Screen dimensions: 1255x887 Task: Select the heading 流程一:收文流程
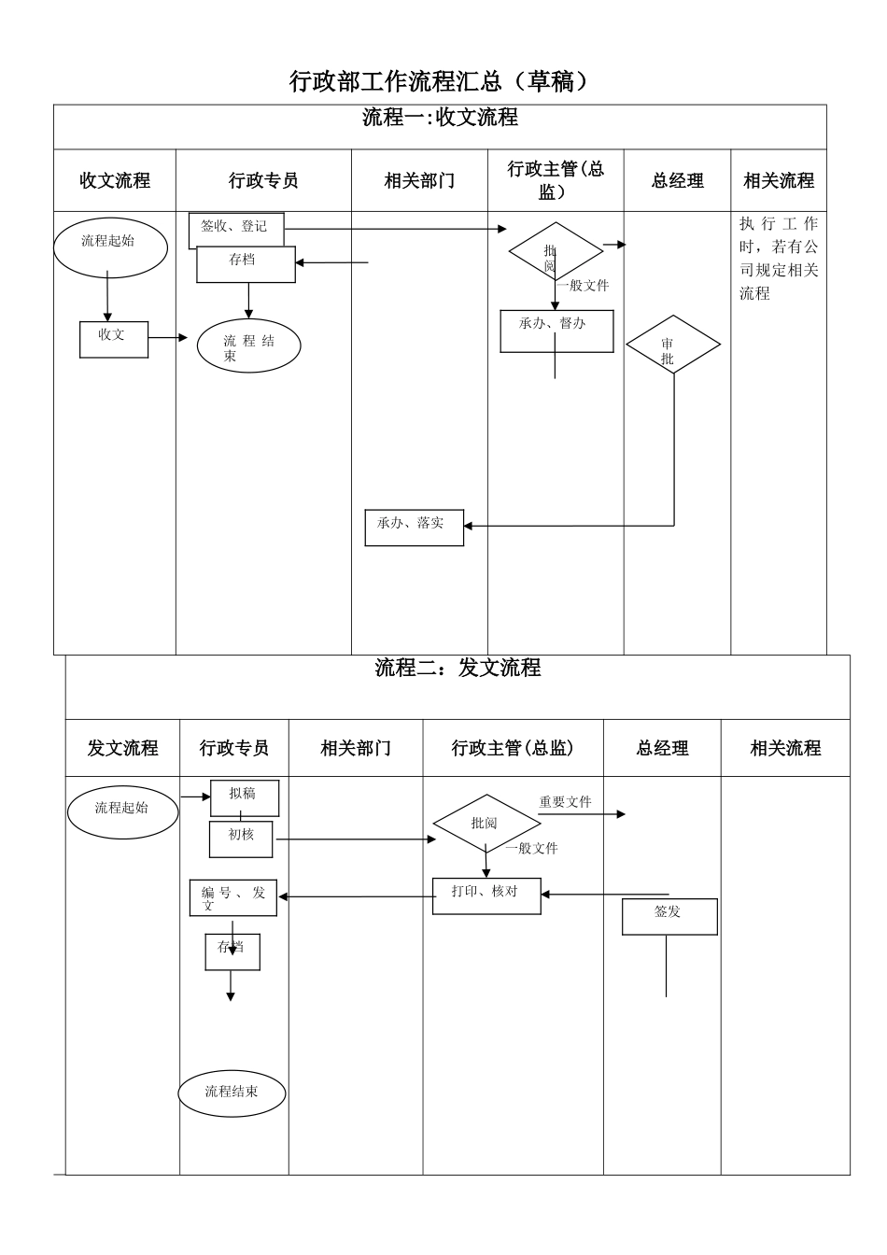point(440,118)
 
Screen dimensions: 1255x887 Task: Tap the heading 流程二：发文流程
point(458,668)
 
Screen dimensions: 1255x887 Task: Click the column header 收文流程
point(115,181)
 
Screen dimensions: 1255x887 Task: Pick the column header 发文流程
point(122,748)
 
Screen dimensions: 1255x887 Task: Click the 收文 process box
point(113,338)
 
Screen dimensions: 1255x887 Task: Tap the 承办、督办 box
point(556,331)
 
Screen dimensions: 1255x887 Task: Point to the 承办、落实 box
point(414,528)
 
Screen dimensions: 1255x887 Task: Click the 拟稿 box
point(243,797)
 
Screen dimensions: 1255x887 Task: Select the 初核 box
point(241,839)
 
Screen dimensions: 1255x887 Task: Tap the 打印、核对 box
point(486,895)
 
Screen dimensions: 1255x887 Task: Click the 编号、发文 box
point(233,897)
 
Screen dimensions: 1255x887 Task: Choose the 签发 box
point(669,916)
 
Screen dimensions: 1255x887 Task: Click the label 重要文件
point(565,802)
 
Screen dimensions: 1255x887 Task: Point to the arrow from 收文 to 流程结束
point(170,338)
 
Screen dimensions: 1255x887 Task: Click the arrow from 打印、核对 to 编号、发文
point(355,897)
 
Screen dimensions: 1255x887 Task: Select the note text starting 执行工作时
point(778,259)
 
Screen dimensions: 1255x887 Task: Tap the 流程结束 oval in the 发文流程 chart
point(232,1092)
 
